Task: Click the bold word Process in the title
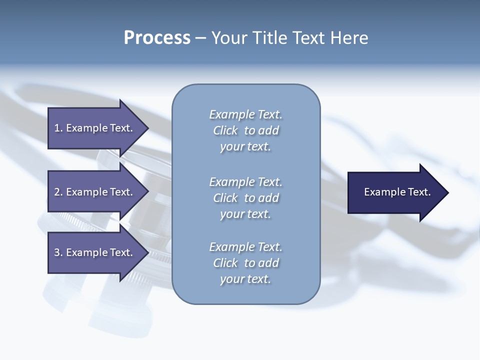point(157,38)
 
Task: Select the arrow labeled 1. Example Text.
point(95,128)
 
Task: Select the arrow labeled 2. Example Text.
point(95,192)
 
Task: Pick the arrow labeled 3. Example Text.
point(95,252)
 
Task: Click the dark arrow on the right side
point(395,192)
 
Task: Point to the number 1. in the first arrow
point(58,128)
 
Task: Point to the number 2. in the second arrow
point(58,192)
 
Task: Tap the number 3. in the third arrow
point(58,252)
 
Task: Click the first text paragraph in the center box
point(245,130)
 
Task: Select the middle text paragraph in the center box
point(245,198)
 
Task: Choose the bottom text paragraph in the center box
point(245,263)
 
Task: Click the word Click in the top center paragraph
point(225,130)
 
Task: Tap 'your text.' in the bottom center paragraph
point(245,279)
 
